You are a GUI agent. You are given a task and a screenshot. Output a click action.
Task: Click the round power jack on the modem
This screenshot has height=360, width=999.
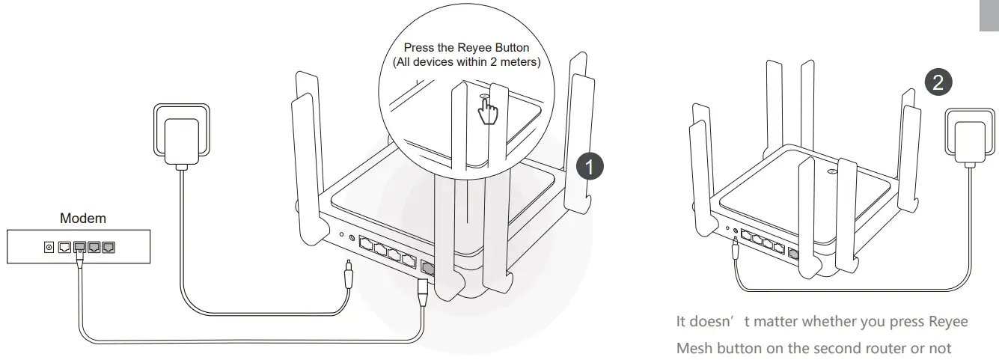[50, 246]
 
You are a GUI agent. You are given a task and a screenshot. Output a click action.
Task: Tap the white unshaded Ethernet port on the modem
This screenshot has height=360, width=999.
[65, 246]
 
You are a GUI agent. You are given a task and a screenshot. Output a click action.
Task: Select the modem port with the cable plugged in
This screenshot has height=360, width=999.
[79, 247]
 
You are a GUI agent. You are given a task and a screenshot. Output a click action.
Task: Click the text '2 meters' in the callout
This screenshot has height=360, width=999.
[516, 61]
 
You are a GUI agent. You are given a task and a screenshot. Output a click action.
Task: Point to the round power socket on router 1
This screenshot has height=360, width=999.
[352, 238]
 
